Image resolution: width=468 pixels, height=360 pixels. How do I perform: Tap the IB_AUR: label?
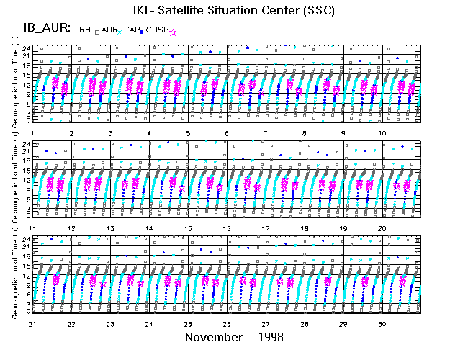coord(38,30)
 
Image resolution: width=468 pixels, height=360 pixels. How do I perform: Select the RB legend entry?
coord(85,30)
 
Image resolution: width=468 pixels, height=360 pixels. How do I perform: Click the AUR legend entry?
coord(109,30)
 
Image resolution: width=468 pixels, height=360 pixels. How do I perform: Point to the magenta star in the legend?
coord(172,32)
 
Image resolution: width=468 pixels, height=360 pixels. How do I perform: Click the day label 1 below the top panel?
coord(35,134)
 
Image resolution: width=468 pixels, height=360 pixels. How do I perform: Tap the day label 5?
coord(187,134)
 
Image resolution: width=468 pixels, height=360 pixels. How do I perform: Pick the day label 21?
coord(32,324)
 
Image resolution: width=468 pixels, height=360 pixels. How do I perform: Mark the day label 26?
coord(227,324)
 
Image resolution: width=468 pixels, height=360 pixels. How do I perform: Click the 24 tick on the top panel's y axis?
coord(26,48)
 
